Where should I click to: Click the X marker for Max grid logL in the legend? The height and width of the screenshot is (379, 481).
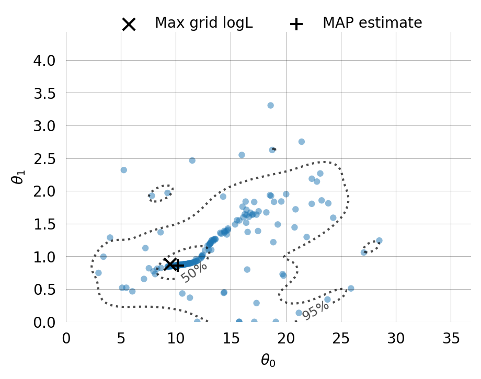pyautogui.click(x=129, y=24)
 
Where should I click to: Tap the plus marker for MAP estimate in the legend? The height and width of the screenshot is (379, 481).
pyautogui.click(x=296, y=24)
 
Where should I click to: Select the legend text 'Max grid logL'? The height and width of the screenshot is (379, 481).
pyautogui.click(x=203, y=23)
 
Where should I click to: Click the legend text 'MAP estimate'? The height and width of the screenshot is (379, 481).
pyautogui.click(x=372, y=23)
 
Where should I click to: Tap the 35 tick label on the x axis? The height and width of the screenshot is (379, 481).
pyautogui.click(x=451, y=338)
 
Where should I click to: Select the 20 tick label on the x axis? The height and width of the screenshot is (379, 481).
pyautogui.click(x=286, y=338)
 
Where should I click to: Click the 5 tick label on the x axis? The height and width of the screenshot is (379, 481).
pyautogui.click(x=121, y=338)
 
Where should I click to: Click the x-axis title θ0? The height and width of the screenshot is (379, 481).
pyautogui.click(x=268, y=360)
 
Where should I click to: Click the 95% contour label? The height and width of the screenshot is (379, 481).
pyautogui.click(x=315, y=311)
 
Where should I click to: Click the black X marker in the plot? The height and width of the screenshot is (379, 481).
pyautogui.click(x=170, y=265)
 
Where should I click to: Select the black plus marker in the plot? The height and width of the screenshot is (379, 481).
pyautogui.click(x=177, y=266)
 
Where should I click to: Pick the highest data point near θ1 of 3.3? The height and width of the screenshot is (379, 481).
pyautogui.click(x=270, y=106)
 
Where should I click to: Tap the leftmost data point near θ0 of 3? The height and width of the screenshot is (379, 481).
pyautogui.click(x=98, y=273)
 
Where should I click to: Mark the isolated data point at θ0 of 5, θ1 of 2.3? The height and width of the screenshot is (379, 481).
pyautogui.click(x=123, y=170)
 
